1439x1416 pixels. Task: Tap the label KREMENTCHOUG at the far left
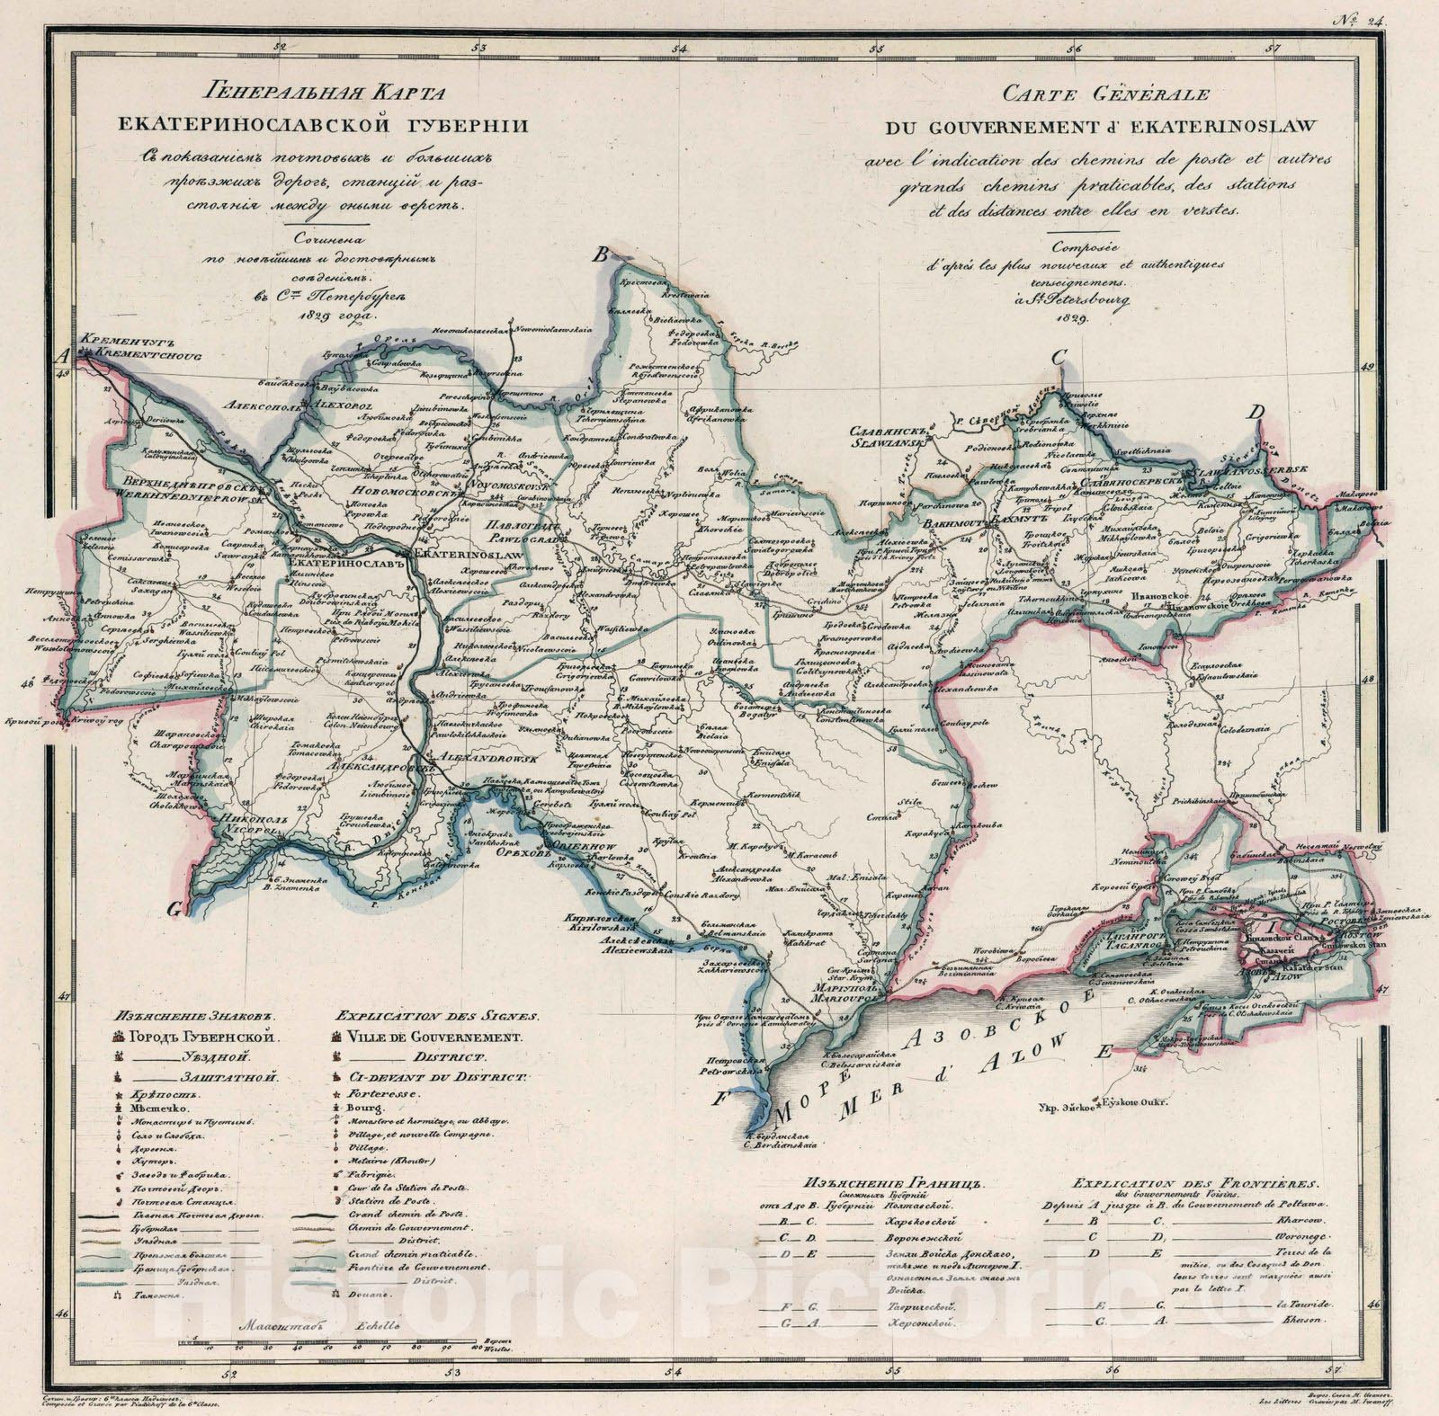[x=140, y=356]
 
